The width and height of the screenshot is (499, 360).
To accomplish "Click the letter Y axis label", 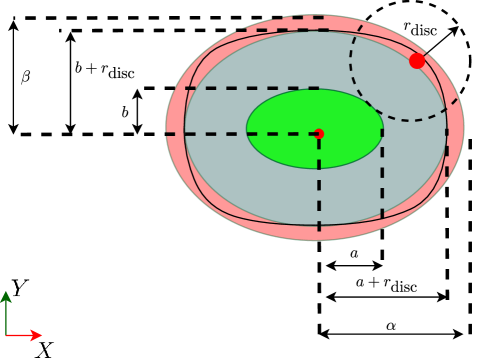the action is pyautogui.click(x=19, y=288).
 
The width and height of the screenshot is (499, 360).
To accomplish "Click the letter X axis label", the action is pyautogui.click(x=44, y=349).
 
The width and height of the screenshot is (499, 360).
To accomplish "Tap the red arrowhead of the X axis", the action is pyautogui.click(x=37, y=335).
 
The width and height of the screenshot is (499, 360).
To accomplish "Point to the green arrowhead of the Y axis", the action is pyautogui.click(x=6, y=296).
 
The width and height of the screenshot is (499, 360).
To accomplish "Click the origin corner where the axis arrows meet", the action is pyautogui.click(x=6, y=335).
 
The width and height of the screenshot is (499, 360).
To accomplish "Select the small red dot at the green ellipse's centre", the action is pyautogui.click(x=319, y=133).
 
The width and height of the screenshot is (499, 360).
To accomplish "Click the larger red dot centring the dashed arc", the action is pyautogui.click(x=416, y=62).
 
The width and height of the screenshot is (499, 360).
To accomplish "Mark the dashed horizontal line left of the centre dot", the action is pyautogui.click(x=240, y=133).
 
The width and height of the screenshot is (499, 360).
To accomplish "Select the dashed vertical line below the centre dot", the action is pyautogui.click(x=319, y=185).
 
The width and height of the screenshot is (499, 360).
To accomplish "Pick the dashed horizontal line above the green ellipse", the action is pyautogui.click(x=250, y=88).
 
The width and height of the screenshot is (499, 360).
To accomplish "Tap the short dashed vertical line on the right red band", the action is pyautogui.click(x=447, y=150).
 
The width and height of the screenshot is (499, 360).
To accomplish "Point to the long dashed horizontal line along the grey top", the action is pyautogui.click(x=300, y=30).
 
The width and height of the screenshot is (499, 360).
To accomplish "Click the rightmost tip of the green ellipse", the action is pyautogui.click(x=383, y=129).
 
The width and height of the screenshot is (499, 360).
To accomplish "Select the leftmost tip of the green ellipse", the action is pyautogui.click(x=247, y=129).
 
